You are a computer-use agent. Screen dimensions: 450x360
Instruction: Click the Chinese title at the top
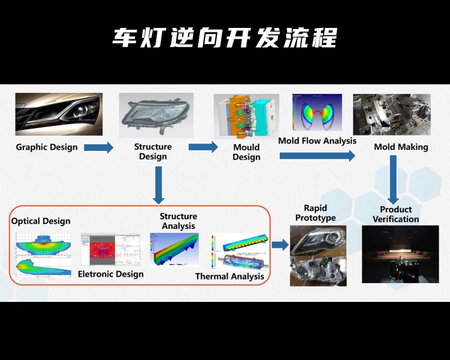point(224,38)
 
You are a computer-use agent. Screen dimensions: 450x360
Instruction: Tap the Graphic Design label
point(47,147)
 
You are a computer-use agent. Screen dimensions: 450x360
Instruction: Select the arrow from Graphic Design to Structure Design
point(99,148)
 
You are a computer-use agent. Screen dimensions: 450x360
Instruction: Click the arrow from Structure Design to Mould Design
point(203,147)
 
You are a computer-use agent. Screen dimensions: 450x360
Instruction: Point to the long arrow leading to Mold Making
point(317,156)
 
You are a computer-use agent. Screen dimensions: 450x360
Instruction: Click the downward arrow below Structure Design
point(158,185)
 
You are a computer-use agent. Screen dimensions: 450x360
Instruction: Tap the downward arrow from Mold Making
point(393,179)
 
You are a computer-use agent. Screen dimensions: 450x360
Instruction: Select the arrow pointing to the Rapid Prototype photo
point(280,245)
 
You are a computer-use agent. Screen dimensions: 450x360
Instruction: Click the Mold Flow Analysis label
point(317,141)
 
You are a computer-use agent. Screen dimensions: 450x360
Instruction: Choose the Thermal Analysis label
point(230,276)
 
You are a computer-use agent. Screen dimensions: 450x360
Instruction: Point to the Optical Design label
point(41,221)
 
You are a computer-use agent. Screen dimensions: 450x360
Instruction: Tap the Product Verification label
point(396,214)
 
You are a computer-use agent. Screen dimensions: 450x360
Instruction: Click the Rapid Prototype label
point(316,212)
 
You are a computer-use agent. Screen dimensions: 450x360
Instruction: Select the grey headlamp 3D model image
point(156,116)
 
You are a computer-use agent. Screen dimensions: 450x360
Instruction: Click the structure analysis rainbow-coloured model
point(174,249)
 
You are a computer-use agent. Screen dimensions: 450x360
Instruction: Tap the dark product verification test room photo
point(400,254)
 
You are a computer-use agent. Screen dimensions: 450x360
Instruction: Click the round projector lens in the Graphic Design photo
point(81,112)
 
